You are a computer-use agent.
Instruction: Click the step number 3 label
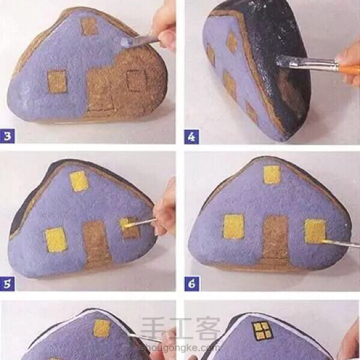click(7, 136)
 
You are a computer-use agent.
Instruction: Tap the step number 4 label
click(191, 137)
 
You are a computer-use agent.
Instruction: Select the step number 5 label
click(7, 284)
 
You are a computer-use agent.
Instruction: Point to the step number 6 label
click(192, 284)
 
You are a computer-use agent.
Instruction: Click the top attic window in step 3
click(89, 26)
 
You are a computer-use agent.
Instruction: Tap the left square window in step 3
click(58, 81)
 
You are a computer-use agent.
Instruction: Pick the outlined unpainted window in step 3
click(137, 81)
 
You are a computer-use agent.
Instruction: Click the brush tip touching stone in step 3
click(126, 43)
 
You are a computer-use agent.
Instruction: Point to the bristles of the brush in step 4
click(283, 61)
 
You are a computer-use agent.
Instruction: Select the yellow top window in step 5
click(79, 182)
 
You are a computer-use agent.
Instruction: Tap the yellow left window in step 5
click(56, 239)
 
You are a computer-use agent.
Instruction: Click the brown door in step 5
click(97, 244)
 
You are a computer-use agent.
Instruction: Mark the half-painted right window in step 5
click(129, 228)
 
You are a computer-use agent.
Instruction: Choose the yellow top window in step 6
click(272, 175)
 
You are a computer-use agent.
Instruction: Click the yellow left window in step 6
click(234, 226)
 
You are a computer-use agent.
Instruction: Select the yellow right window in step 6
click(316, 231)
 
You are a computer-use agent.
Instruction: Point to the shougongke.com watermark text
click(180, 348)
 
